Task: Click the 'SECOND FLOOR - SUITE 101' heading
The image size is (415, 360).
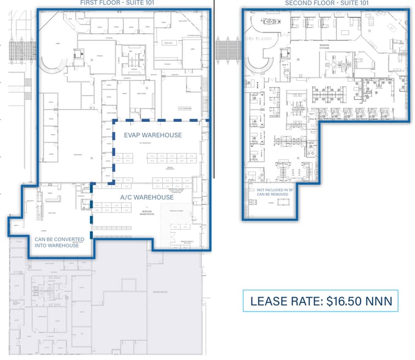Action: (327, 3)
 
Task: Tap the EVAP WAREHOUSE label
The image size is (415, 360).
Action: (152, 135)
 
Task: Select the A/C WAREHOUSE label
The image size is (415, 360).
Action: (146, 197)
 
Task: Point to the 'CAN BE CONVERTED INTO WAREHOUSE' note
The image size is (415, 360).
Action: (56, 242)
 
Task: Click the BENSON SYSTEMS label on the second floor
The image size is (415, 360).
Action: (324, 47)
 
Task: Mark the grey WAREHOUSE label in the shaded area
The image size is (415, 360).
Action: (160, 293)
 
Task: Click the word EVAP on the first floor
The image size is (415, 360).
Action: (135, 135)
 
